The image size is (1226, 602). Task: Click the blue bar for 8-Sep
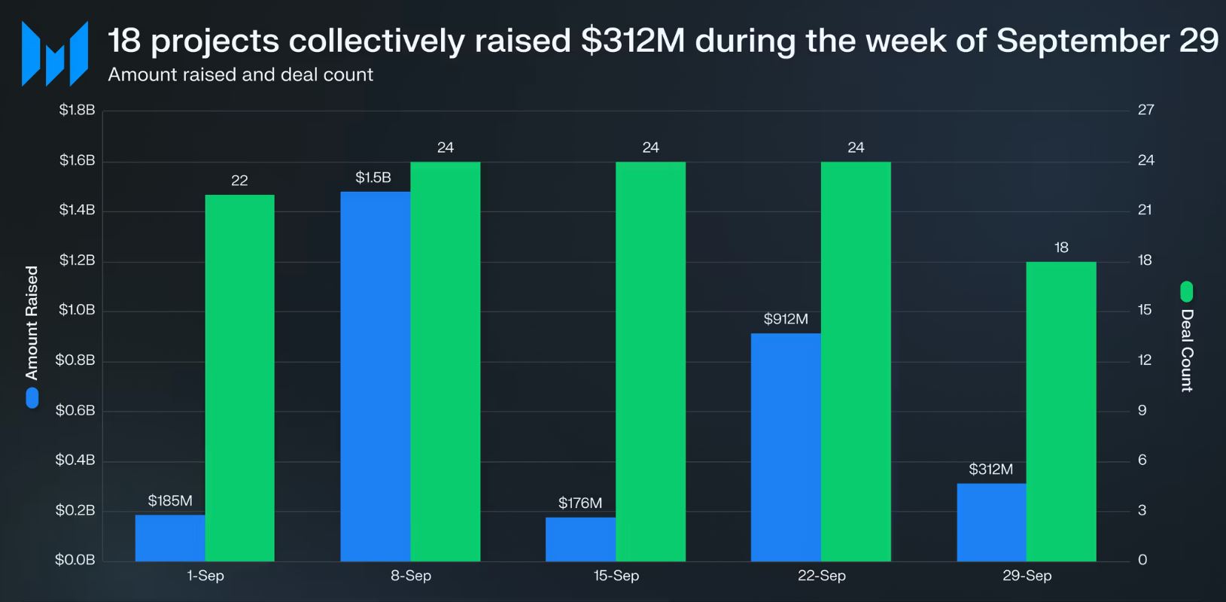(x=375, y=376)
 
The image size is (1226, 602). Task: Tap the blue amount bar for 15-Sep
(x=580, y=539)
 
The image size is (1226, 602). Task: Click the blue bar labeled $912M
(x=786, y=447)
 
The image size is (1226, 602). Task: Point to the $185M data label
(x=170, y=500)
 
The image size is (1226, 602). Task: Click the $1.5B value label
(x=373, y=178)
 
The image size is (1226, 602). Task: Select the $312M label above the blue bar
(x=990, y=470)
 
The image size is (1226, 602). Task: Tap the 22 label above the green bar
(x=239, y=181)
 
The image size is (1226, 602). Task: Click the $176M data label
(x=580, y=503)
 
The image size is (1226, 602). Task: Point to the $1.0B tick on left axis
(x=77, y=310)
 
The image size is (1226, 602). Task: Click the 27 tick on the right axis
(x=1145, y=110)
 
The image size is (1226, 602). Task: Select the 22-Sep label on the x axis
(x=822, y=576)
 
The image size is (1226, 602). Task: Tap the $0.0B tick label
(x=75, y=560)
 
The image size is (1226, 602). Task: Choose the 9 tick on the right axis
(x=1142, y=410)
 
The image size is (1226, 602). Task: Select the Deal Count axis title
(x=1187, y=350)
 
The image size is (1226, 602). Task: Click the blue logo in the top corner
(x=55, y=53)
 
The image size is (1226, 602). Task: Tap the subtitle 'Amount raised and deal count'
(x=240, y=74)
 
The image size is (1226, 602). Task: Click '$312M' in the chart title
(x=633, y=41)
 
